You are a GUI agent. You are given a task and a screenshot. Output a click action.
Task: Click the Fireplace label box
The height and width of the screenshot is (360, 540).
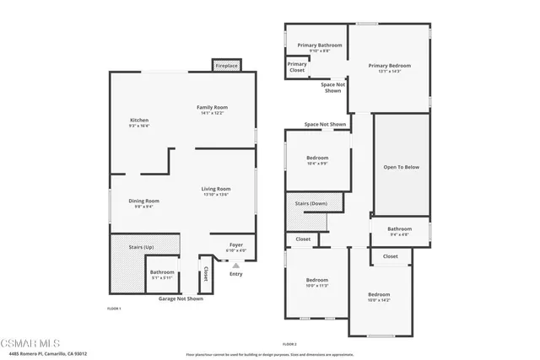click(225, 65)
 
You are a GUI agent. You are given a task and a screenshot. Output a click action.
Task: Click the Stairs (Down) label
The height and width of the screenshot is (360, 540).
click(311, 204)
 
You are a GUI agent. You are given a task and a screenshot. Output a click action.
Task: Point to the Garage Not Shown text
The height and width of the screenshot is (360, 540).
click(182, 298)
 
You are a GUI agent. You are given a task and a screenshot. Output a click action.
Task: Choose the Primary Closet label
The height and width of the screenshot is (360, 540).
click(297, 67)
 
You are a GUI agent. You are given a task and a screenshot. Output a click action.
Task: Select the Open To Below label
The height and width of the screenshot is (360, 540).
click(401, 167)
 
